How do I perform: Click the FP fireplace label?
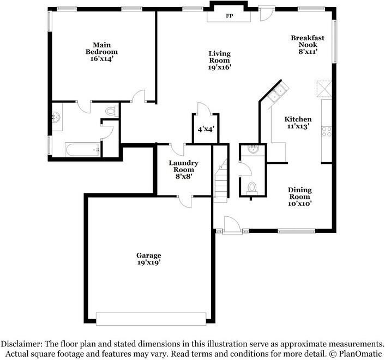(x=229, y=16)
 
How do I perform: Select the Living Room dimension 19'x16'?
(x=219, y=68)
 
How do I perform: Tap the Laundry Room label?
(x=183, y=169)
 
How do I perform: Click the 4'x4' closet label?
(x=206, y=129)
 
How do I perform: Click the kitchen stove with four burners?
(x=327, y=131)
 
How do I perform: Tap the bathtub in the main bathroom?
(x=82, y=149)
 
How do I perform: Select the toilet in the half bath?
(x=252, y=188)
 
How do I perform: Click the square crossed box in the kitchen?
(x=324, y=88)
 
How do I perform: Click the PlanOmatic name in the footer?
(x=360, y=353)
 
